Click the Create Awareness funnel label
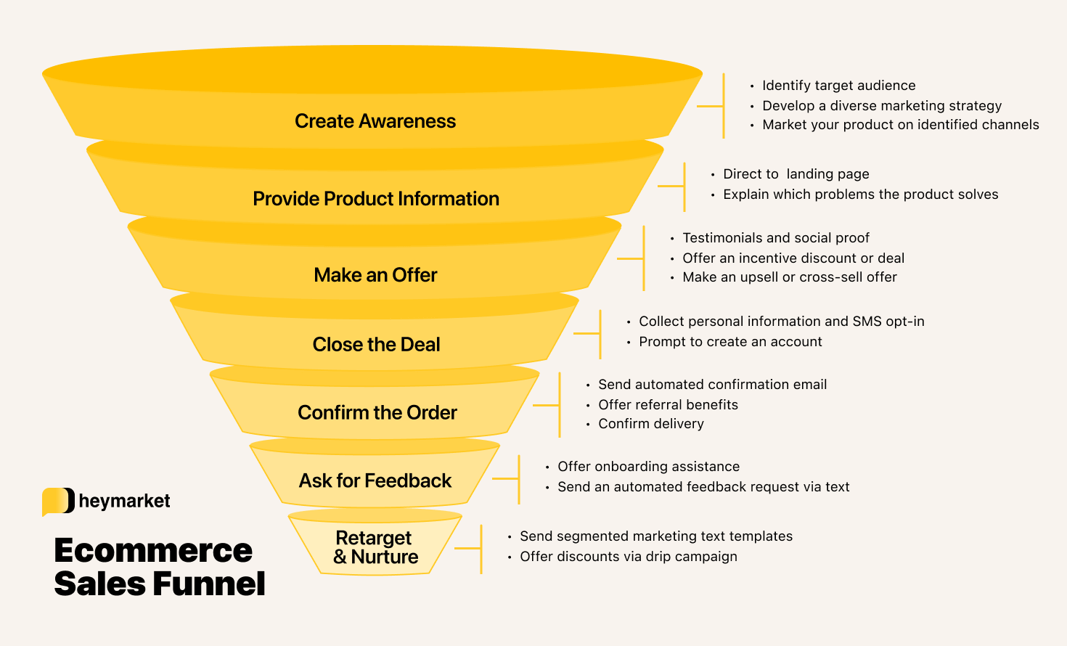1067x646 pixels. [375, 121]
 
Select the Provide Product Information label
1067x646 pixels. [375, 199]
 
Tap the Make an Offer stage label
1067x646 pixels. [375, 275]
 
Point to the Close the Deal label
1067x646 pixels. [376, 344]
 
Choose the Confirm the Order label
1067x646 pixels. [377, 412]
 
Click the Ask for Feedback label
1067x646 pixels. [375, 481]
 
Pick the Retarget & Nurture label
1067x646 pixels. [375, 547]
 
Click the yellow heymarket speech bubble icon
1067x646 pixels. [58, 501]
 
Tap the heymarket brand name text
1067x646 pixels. [124, 501]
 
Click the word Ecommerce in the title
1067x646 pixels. [153, 550]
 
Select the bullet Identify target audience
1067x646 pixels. [838, 86]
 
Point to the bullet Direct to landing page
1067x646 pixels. [796, 174]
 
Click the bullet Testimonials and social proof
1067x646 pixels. [775, 238]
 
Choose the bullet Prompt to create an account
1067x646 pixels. [730, 342]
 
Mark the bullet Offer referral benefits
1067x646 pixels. [668, 405]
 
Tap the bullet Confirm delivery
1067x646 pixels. [650, 424]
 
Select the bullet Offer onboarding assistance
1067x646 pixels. [648, 467]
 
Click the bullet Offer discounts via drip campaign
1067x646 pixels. [628, 557]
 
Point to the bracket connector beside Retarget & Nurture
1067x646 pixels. [475, 549]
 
